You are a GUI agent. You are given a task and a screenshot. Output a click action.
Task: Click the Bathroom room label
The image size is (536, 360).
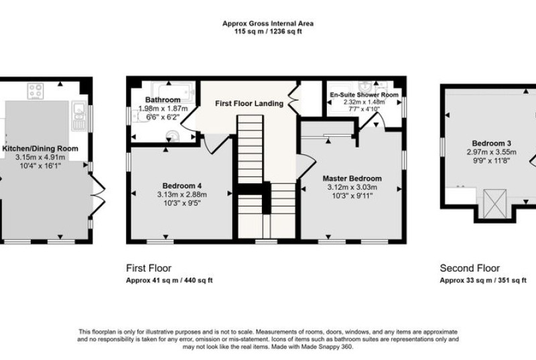163,100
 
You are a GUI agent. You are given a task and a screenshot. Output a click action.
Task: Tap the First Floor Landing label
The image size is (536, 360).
249,103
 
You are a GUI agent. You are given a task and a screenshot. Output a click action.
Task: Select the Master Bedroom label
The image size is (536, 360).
352,178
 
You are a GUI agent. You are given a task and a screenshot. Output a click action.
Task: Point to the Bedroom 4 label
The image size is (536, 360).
182,186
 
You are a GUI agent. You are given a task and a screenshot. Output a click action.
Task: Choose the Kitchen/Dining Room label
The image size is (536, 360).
40,149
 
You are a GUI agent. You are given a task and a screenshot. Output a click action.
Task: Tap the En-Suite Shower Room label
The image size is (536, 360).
364,95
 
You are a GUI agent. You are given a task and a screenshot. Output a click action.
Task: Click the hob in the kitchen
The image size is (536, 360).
36,91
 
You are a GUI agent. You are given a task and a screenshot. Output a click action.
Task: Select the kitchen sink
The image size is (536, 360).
79,115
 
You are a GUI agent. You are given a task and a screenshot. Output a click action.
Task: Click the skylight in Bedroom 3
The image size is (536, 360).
494,203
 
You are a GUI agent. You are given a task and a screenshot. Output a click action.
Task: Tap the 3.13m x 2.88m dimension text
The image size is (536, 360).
182,194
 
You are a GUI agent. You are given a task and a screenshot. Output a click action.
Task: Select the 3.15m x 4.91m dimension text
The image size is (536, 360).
40,158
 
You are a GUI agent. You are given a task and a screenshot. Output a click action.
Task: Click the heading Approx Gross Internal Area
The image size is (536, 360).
268,23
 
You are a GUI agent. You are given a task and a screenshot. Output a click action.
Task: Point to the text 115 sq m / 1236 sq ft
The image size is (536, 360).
268,32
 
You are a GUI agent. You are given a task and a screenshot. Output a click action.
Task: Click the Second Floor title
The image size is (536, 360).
470,268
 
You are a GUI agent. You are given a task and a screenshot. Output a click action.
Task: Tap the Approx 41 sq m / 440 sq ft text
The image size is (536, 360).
170,280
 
